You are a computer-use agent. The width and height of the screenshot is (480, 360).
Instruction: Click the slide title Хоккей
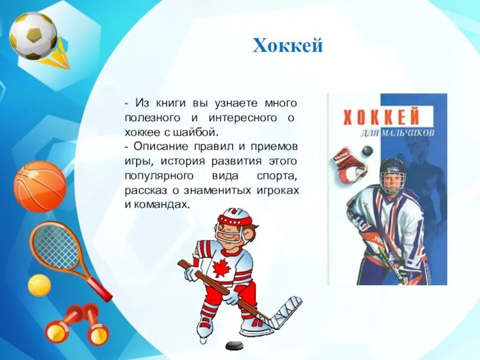(x=288, y=46)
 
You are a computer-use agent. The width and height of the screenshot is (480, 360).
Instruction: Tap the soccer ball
(x=33, y=35)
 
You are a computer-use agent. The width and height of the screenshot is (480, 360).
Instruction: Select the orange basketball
(x=40, y=186)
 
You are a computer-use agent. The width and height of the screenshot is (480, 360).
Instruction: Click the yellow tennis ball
(x=39, y=285)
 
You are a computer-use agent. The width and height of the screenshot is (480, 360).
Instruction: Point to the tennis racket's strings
(x=56, y=245)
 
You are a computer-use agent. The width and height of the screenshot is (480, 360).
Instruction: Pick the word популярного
(x=160, y=175)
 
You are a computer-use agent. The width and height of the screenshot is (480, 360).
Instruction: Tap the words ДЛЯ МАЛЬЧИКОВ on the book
(x=405, y=133)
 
